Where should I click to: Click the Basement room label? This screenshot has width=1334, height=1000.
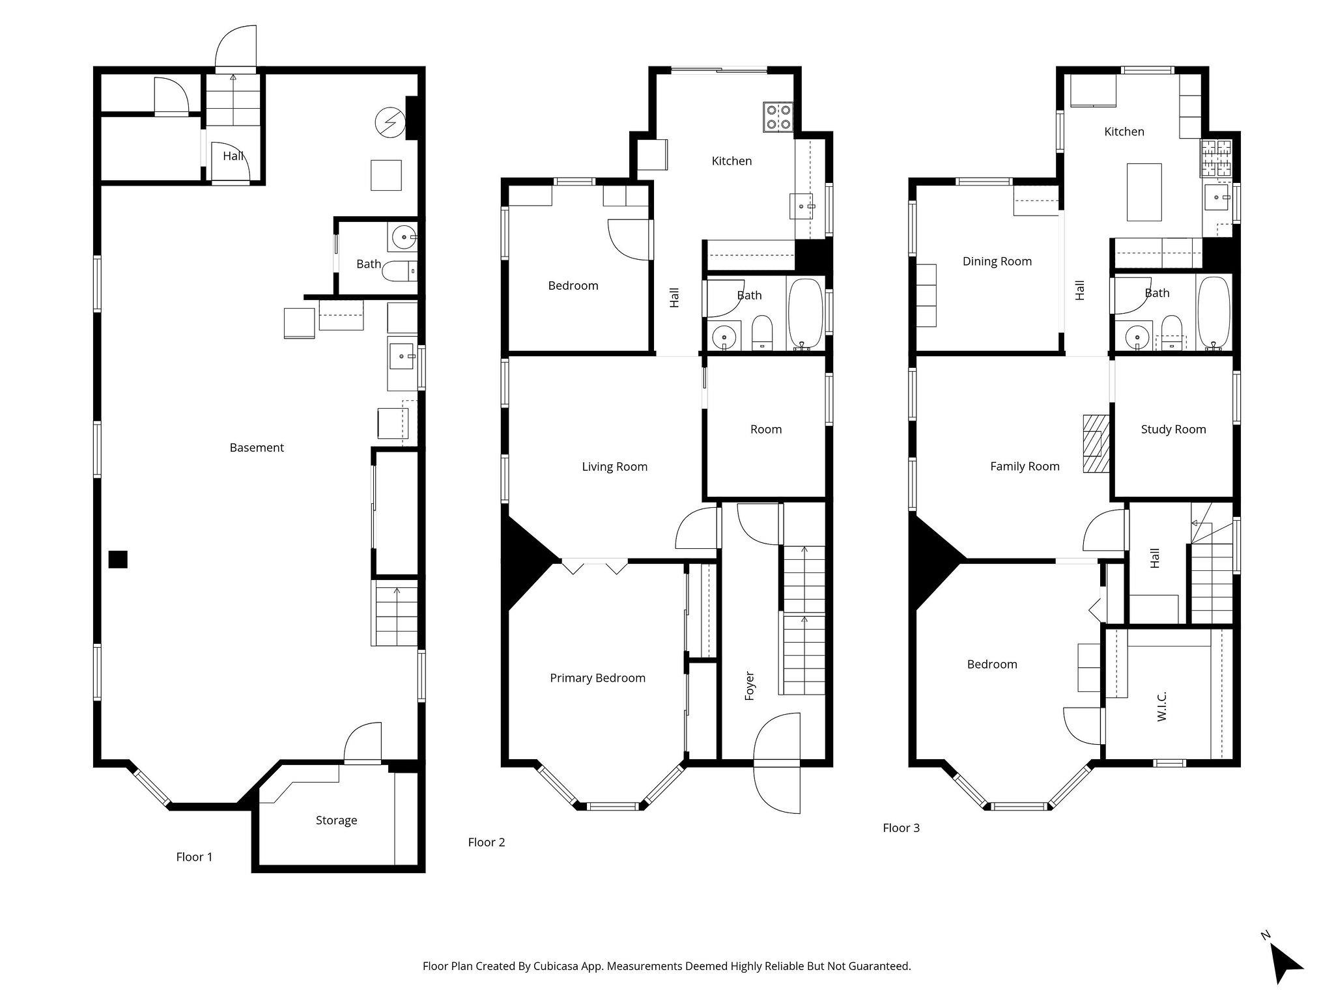(257, 447)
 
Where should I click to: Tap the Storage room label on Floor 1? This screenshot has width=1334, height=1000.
(336, 820)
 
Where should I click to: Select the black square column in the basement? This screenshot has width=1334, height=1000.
(118, 559)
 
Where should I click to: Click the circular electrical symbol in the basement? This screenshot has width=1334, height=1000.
(389, 123)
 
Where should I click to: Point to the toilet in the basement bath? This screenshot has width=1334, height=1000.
(399, 271)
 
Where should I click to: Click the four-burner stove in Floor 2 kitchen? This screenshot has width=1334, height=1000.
(778, 117)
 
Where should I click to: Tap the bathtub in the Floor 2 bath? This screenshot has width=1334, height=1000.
(806, 313)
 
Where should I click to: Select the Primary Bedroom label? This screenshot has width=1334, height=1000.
(597, 678)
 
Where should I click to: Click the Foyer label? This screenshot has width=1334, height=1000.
(749, 686)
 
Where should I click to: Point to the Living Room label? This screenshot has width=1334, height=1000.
(614, 466)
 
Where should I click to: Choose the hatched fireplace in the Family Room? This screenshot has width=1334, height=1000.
(1095, 443)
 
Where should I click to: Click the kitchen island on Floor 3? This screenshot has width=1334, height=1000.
(1144, 192)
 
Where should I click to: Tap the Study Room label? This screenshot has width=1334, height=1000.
(1173, 429)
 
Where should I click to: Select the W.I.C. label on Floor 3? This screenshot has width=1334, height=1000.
(1162, 706)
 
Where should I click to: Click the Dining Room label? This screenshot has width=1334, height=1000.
(997, 261)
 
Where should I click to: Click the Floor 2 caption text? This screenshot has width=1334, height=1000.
(486, 842)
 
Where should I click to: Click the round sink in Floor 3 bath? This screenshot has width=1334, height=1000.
(1138, 337)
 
